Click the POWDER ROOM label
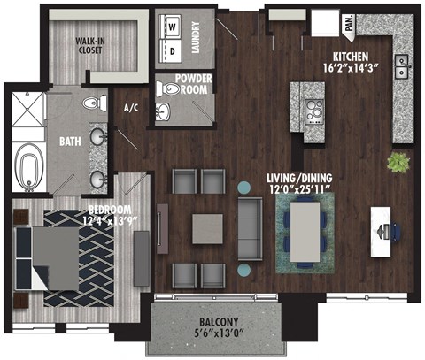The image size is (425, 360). tap(192, 84)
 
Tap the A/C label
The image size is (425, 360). tap(132, 108)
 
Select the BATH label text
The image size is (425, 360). tap(72, 141)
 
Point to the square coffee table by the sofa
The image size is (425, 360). tap(209, 222)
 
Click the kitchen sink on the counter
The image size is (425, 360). tap(402, 64)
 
